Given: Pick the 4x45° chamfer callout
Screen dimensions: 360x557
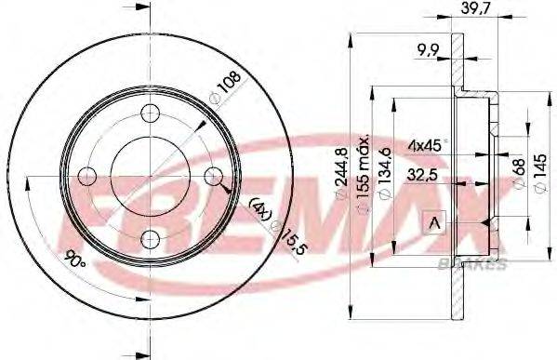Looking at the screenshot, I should click(427, 144).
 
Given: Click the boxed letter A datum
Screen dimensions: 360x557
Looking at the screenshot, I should click(433, 221).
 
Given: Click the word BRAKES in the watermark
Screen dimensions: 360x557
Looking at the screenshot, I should click(471, 264).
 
